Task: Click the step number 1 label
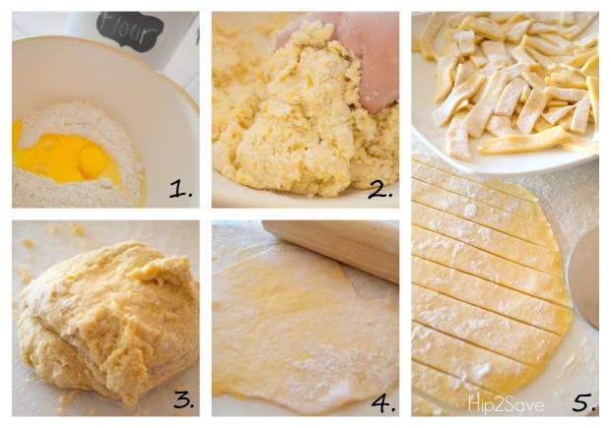pyautogui.click(x=180, y=190)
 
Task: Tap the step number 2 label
pyautogui.click(x=380, y=190)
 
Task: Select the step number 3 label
pyautogui.click(x=184, y=399)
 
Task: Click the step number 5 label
pyautogui.click(x=583, y=402)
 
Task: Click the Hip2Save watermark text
pyautogui.click(x=506, y=405)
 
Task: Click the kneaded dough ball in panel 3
pyautogui.click(x=107, y=323)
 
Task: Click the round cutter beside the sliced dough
pyautogui.click(x=583, y=277)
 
